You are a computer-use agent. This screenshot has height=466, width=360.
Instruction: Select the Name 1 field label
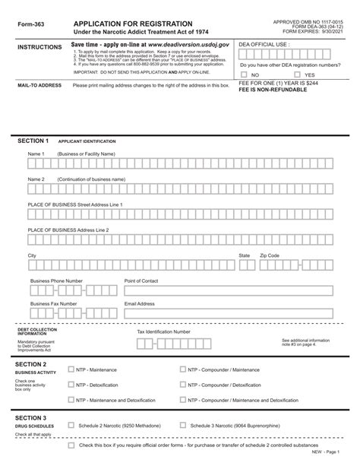[37, 154]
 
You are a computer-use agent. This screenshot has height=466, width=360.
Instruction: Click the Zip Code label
[270, 256]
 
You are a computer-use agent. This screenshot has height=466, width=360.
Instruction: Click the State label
[244, 256]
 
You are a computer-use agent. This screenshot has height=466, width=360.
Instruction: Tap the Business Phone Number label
[56, 281]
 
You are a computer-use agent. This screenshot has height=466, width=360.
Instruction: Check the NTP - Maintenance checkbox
[71, 369]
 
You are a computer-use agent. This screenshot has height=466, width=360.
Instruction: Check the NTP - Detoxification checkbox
[71, 385]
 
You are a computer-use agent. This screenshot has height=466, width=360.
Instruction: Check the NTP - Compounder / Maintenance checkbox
[183, 369]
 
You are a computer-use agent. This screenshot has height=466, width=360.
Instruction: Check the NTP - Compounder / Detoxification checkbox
[183, 385]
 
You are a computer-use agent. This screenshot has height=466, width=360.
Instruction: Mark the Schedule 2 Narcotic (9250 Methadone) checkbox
[71, 426]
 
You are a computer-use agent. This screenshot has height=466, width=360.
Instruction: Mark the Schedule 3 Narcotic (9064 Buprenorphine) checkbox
[183, 426]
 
